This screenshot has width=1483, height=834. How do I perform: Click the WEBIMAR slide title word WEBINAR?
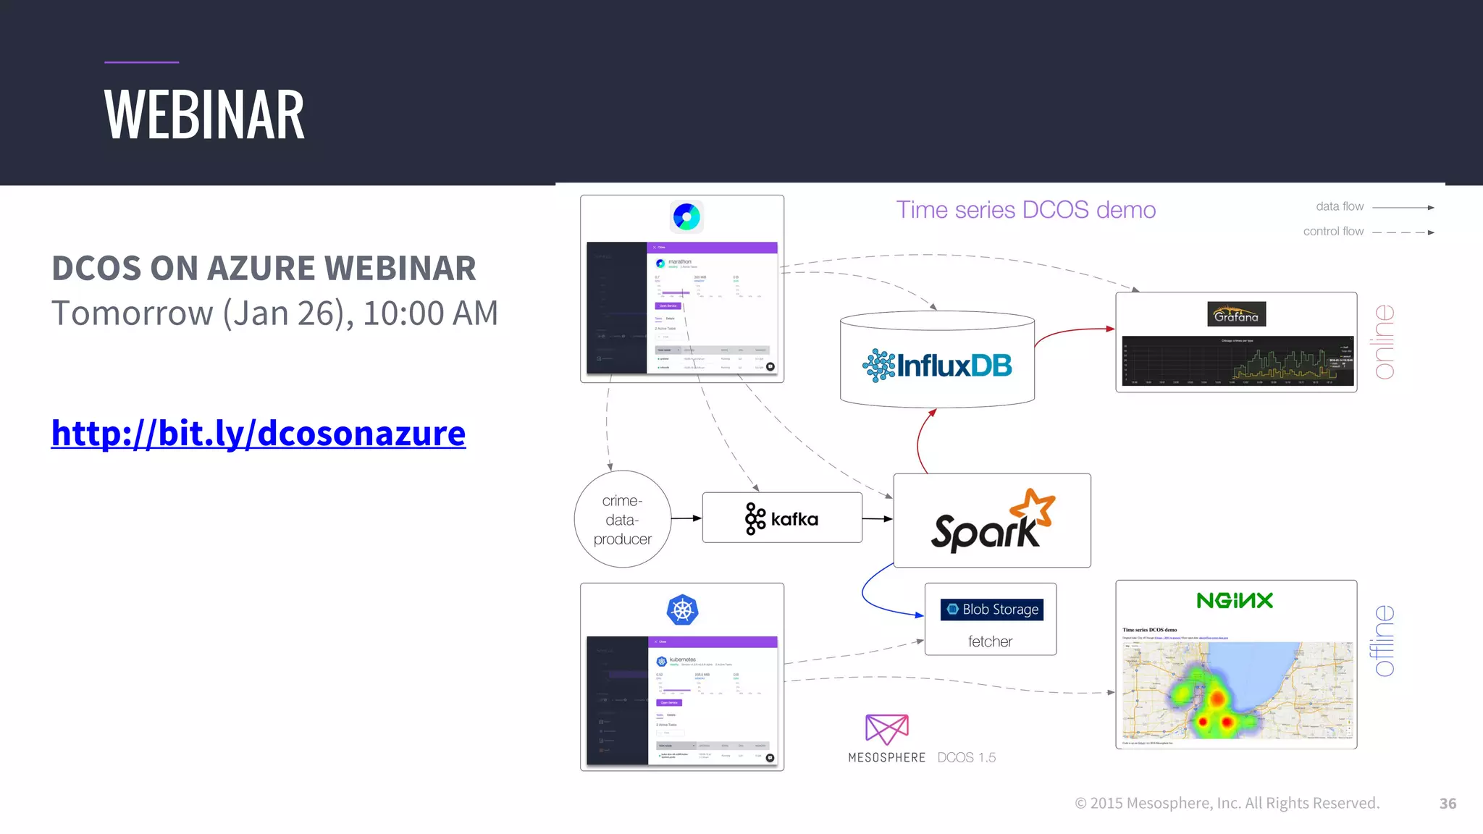[x=204, y=116]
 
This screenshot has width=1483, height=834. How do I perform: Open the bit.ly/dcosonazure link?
[x=258, y=433]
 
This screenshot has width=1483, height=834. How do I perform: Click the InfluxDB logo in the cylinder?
[x=937, y=365]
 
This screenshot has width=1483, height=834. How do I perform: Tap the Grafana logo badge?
[x=1236, y=315]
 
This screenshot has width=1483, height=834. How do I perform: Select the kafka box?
[x=782, y=518]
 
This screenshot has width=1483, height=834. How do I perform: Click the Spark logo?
[x=992, y=521]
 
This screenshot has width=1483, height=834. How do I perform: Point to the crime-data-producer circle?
[x=622, y=519]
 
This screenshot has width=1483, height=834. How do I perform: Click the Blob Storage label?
[x=991, y=610]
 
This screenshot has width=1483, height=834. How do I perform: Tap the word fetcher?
[x=990, y=641]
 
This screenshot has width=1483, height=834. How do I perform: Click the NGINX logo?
[x=1235, y=600]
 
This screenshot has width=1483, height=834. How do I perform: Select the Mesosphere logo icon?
[x=886, y=728]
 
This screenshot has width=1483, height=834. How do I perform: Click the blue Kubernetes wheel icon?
[x=681, y=610]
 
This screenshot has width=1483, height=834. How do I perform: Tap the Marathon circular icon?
[x=686, y=216]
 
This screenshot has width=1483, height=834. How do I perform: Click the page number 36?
[x=1448, y=804]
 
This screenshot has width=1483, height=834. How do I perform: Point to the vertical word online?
[x=1384, y=342]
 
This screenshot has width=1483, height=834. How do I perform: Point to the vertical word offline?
[x=1384, y=641]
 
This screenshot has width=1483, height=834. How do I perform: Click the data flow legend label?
[x=1340, y=207]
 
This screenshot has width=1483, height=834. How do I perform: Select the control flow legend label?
[x=1333, y=232]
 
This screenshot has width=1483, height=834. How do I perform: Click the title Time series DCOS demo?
[x=1025, y=210]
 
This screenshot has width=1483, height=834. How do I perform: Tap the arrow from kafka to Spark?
[x=878, y=518]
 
